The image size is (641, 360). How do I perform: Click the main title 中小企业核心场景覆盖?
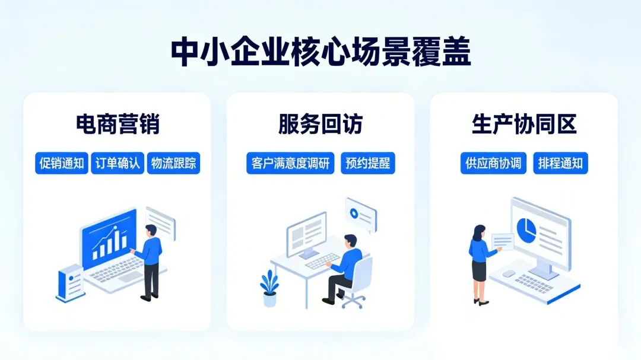coord(320,53)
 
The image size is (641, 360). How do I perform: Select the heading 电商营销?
coord(118,125)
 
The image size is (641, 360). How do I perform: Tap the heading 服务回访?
coord(320,125)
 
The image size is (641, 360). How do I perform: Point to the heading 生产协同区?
coord(524,125)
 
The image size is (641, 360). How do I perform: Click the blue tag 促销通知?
coord(61,164)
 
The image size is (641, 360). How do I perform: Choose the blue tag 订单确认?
coord(118,164)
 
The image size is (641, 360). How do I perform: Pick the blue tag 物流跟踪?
coord(173,164)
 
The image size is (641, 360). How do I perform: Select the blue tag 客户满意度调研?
coord(290,164)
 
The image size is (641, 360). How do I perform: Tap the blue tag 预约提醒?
coord(368,164)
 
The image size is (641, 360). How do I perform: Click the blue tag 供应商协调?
coord(494,164)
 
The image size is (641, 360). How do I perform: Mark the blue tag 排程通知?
coord(560,164)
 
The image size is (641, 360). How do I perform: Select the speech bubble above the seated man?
coord(360,214)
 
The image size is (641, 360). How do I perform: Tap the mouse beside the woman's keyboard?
coord(509,274)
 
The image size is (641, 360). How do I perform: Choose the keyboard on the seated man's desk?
coord(322,262)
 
